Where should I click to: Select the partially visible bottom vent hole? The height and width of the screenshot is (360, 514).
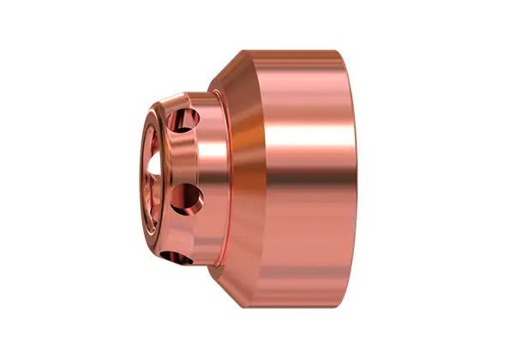coord(169,255)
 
